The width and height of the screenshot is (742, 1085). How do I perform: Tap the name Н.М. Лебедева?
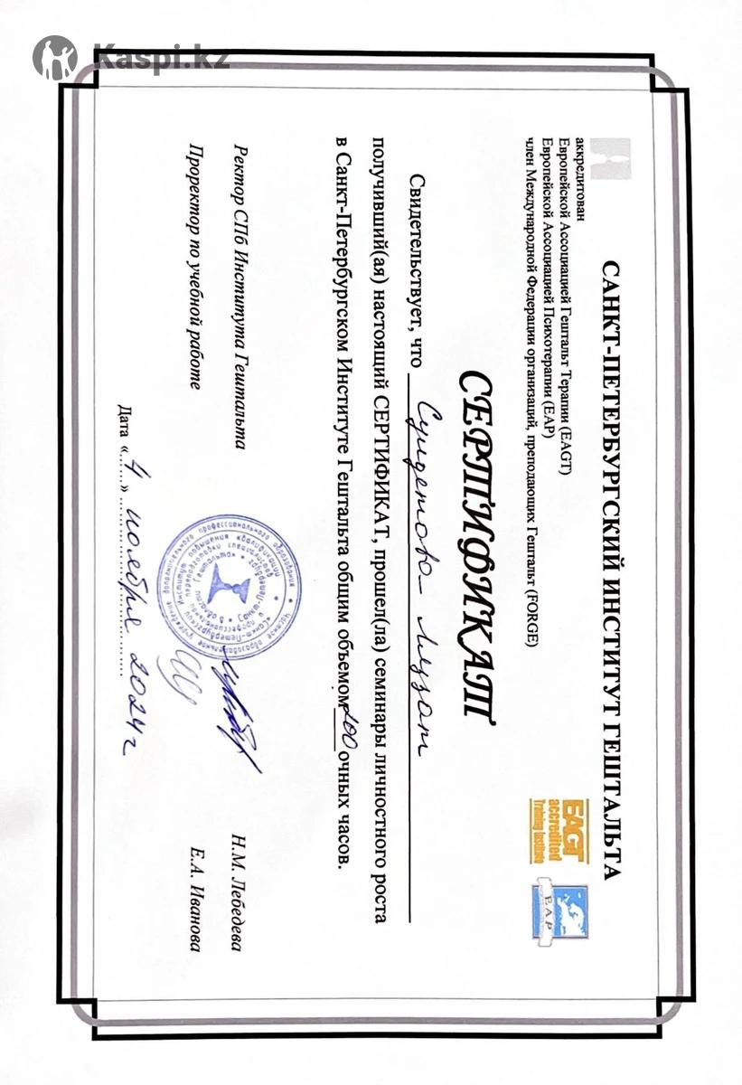coord(240,903)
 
